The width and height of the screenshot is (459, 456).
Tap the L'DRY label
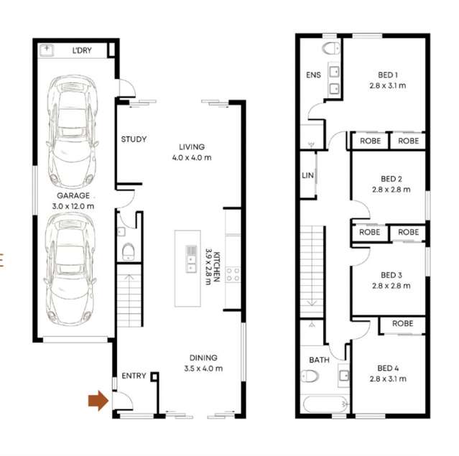[x=83, y=52]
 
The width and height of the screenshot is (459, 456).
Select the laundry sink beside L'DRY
[x=48, y=50]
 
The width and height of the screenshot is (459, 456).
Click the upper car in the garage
[x=70, y=131]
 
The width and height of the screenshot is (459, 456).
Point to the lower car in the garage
[x=70, y=270]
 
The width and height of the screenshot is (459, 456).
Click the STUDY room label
[x=134, y=139]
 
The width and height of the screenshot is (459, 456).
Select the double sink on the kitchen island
[x=191, y=259]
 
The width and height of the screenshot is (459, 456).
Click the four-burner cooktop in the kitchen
[x=233, y=273]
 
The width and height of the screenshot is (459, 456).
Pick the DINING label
[x=203, y=358]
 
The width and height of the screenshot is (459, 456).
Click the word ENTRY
[x=134, y=376]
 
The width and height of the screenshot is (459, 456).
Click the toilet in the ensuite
[x=331, y=49]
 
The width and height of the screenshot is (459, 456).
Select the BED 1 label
[x=388, y=74]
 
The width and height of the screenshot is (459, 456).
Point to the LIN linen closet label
[x=307, y=175]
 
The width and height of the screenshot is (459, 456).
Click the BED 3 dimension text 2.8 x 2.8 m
[x=391, y=286]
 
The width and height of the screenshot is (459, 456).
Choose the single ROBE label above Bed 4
[x=402, y=324]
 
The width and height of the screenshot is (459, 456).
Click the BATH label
[x=319, y=360]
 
